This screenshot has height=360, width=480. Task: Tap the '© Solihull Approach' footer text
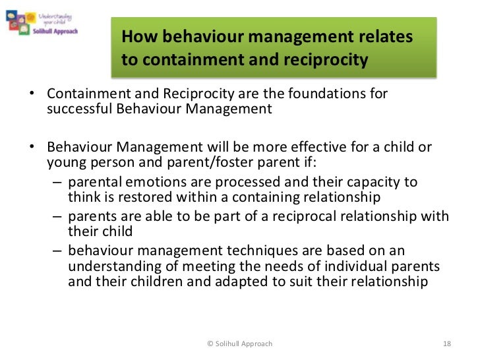coord(239,344)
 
